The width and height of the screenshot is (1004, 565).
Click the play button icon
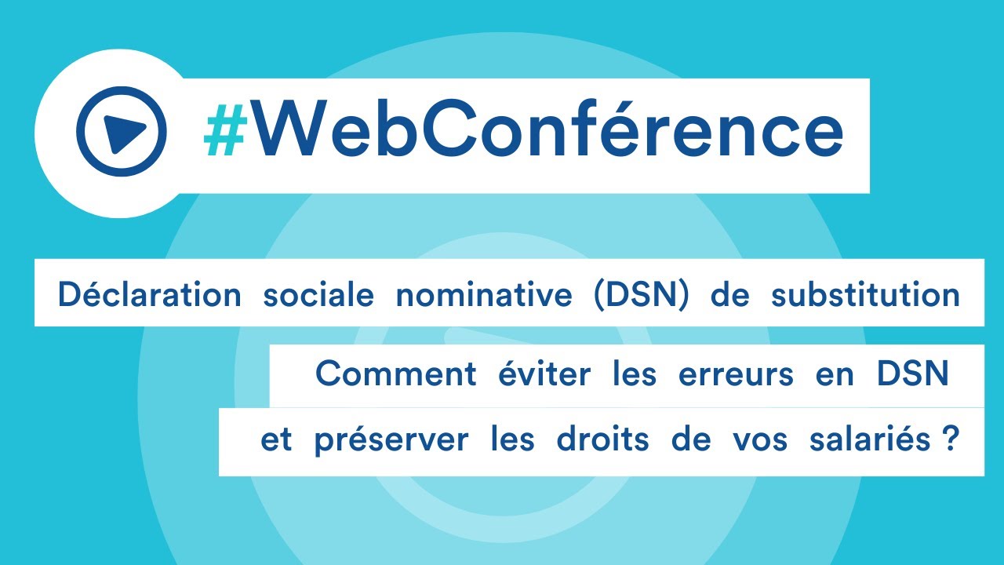122,131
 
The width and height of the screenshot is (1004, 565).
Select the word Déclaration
149,295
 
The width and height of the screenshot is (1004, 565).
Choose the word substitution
865,295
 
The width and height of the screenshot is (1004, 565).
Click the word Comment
395,374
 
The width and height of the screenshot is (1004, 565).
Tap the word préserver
391,439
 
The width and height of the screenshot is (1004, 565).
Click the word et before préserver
276,439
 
